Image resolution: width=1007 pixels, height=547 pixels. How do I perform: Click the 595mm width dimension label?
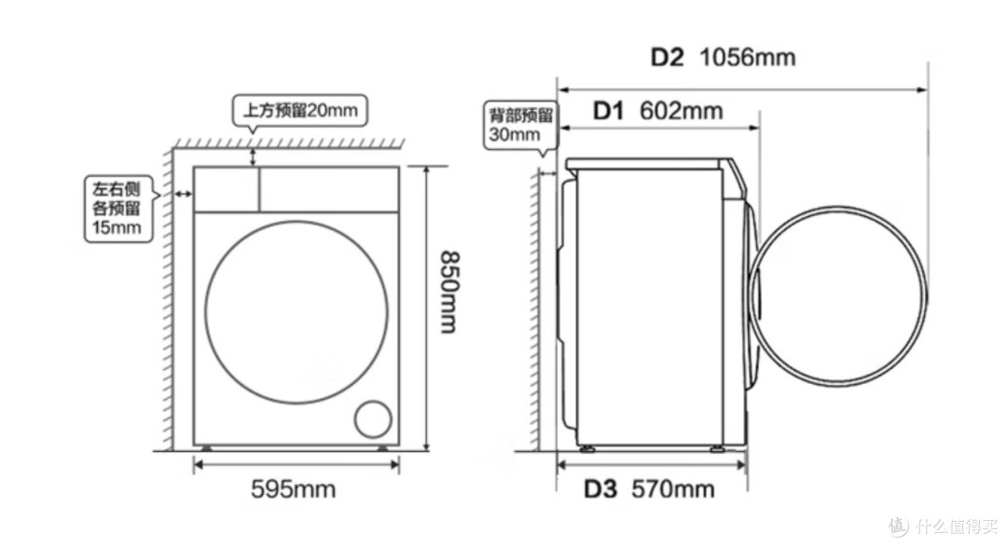pos(293,489)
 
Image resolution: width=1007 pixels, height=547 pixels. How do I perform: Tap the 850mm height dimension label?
pos(448,292)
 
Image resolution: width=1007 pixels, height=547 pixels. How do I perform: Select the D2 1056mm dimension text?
pos(724,58)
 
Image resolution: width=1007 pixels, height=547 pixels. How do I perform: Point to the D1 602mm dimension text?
pos(657,111)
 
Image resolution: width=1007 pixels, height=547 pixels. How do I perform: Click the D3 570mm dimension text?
pos(649,489)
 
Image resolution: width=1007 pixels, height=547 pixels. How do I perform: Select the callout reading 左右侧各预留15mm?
pos(118,209)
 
